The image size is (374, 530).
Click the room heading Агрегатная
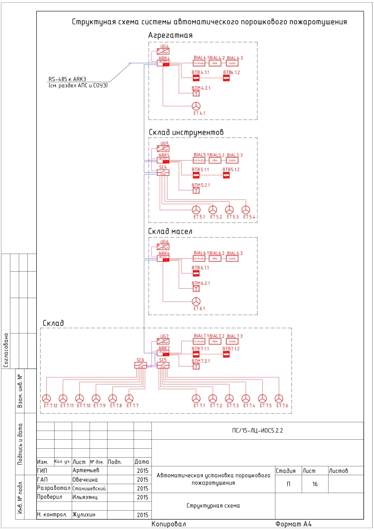[170, 35]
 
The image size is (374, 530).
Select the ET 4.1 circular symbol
[196, 105]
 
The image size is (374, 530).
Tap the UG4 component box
[163, 51]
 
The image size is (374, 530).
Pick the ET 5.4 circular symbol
[245, 210]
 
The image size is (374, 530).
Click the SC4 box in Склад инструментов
[163, 172]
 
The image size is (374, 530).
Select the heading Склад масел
[170, 231]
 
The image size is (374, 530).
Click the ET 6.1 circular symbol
[196, 301]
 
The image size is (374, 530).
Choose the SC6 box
[141, 365]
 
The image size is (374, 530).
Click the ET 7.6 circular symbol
[279, 398]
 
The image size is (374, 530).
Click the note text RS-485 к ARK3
[69, 79]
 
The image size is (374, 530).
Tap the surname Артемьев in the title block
[86, 470]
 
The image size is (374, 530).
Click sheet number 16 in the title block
[315, 485]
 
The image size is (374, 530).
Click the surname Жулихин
[85, 514]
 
